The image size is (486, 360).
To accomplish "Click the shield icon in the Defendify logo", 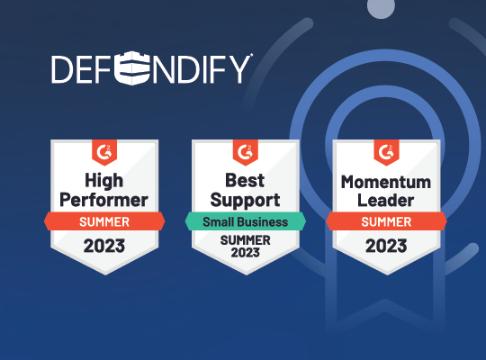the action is (x=132, y=67).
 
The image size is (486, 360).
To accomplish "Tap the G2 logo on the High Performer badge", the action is (x=104, y=152).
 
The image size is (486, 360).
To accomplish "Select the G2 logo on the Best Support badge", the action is (x=245, y=152).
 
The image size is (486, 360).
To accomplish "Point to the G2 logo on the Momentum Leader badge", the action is (x=386, y=152).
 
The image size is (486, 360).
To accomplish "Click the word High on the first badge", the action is (x=104, y=181).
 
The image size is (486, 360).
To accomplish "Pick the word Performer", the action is (x=103, y=201).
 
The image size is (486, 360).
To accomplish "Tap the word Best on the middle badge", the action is (x=245, y=180).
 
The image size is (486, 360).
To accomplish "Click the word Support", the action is (x=245, y=201).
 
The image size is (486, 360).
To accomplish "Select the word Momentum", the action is (x=386, y=182).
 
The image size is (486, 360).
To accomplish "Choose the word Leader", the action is (x=386, y=201).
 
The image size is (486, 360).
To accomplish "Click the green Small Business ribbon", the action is (x=246, y=221).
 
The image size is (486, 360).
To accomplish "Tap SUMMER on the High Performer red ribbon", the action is (x=104, y=222).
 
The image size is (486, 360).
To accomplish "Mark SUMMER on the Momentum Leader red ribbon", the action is (x=386, y=222).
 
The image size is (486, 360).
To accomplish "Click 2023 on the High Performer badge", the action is (x=104, y=246).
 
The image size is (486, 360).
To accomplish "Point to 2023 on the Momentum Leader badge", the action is (x=386, y=246).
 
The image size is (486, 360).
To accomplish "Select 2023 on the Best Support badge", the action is (x=245, y=253).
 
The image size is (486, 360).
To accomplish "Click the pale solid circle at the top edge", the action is (x=381, y=7).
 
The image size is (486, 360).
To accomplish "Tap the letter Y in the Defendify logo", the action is (x=239, y=69).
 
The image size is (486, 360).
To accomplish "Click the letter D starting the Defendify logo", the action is (x=62, y=69).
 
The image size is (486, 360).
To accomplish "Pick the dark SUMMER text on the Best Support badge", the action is (x=245, y=240).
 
